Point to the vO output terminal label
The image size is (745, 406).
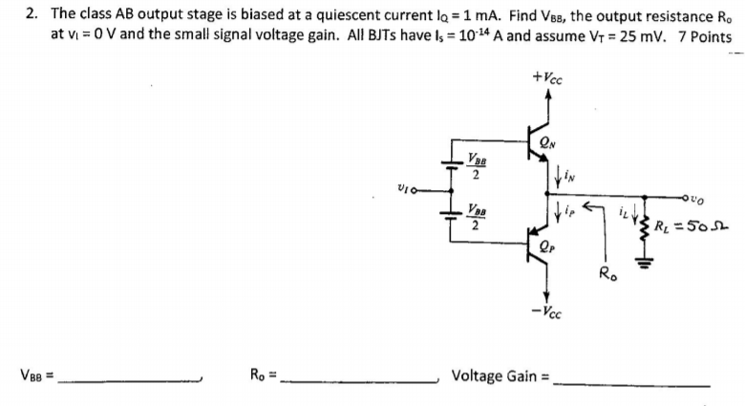pos(722,199)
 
